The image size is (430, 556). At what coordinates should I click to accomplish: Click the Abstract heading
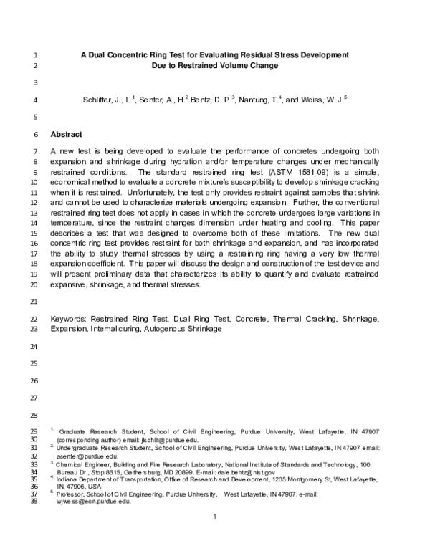66,134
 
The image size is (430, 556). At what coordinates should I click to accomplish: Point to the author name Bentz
203,100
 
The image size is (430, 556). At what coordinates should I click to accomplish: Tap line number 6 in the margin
36,134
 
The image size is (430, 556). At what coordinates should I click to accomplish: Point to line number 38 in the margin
34,502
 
